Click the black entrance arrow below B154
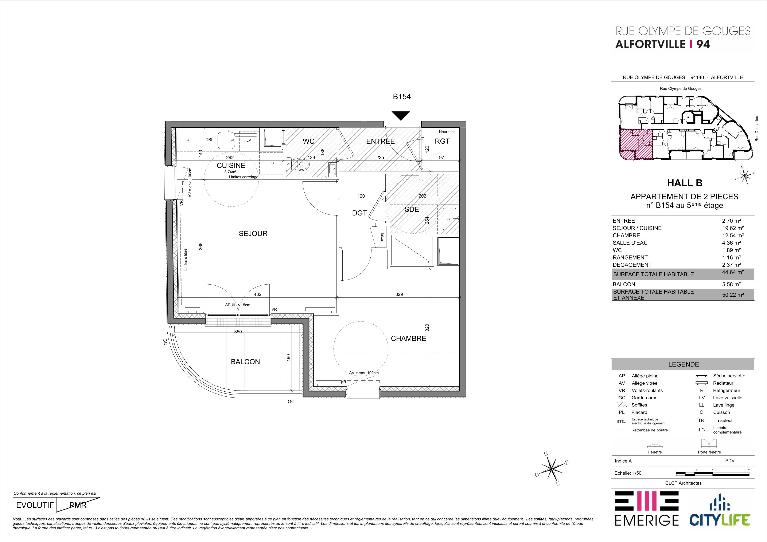[x=401, y=115]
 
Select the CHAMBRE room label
[x=409, y=339]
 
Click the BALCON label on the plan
[x=245, y=362]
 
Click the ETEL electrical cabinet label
[x=382, y=237]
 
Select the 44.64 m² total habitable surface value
[x=733, y=272]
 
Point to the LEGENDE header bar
[x=683, y=364]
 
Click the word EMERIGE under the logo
[x=647, y=529]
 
